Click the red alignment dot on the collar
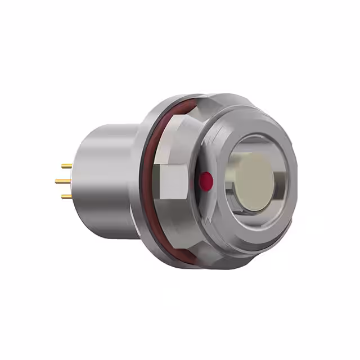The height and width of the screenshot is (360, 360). (x=206, y=181)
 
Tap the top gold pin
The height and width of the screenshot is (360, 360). (x=66, y=166)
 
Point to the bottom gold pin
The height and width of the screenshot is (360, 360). (x=66, y=196)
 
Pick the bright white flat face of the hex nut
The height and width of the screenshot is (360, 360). (x=173, y=183)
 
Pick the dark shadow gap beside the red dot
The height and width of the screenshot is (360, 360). (x=197, y=181)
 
